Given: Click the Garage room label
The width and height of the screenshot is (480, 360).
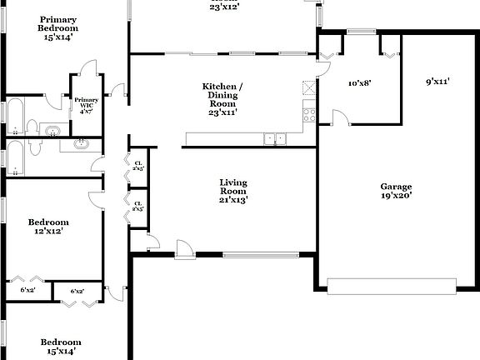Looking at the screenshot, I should [x=397, y=187].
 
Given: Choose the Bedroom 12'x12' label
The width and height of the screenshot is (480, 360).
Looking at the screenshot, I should [x=48, y=222].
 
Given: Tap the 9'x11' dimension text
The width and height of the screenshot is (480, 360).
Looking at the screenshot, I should [x=437, y=82].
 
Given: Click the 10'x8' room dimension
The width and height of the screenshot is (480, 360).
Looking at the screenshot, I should [x=359, y=82].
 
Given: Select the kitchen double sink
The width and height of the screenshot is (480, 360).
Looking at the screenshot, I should [x=275, y=139].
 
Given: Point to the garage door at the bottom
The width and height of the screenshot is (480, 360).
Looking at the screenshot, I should [x=392, y=286].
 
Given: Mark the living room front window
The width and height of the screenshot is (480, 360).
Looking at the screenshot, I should [x=261, y=255].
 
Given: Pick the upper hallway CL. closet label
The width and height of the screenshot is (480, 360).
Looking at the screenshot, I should [x=138, y=164].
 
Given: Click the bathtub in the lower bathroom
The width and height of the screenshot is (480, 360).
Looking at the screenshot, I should [x=14, y=158].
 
